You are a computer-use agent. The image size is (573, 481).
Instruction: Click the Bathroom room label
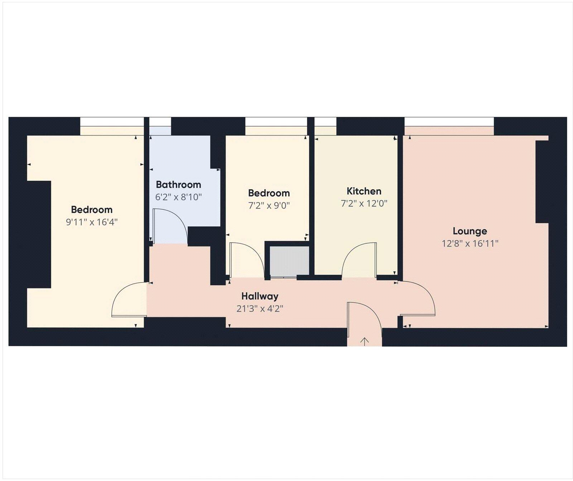(x=178, y=185)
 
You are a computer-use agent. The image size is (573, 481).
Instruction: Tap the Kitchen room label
(x=364, y=191)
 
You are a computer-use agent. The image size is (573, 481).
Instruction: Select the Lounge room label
(x=470, y=231)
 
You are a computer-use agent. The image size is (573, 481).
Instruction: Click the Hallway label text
(x=260, y=296)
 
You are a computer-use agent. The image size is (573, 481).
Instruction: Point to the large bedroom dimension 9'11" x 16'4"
(x=92, y=222)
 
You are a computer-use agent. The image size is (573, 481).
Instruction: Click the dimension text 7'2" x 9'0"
(x=269, y=206)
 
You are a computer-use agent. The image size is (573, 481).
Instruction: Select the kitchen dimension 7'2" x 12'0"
(x=364, y=204)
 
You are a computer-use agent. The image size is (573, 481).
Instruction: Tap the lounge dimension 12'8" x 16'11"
(x=470, y=244)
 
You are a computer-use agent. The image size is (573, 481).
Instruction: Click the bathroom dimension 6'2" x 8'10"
(x=178, y=197)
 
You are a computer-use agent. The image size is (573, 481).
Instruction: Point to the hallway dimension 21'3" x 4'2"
(x=260, y=309)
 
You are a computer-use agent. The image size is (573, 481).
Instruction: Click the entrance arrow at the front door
(x=364, y=342)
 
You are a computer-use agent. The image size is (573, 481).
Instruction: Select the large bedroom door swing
(x=129, y=300)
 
